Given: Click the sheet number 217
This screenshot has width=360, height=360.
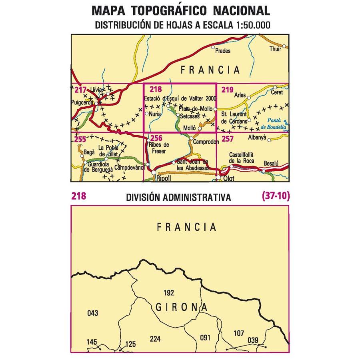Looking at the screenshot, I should [x=80, y=90].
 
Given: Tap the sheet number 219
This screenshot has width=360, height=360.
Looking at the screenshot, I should [x=227, y=90].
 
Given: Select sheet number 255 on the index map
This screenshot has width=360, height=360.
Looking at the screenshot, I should [x=80, y=139].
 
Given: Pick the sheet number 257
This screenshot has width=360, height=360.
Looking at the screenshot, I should [x=227, y=139].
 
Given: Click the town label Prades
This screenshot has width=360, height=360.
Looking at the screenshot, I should [x=223, y=51].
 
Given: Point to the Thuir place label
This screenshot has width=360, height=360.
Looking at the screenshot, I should [x=276, y=49].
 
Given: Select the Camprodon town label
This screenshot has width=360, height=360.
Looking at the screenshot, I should [x=206, y=142].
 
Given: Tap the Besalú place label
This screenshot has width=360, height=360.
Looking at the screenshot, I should [x=272, y=163].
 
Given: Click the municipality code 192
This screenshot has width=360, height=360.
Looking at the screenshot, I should [x=170, y=292].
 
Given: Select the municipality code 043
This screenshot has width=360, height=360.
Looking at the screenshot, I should [x=92, y=313].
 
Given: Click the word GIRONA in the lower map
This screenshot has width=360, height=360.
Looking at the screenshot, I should [x=181, y=308].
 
